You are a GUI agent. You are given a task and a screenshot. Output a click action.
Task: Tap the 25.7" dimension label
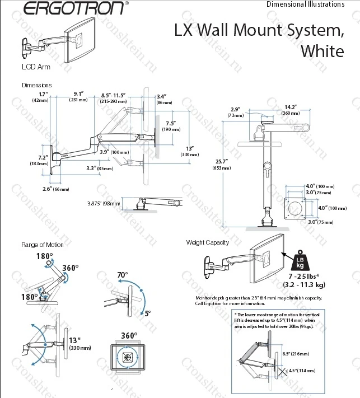[222, 162]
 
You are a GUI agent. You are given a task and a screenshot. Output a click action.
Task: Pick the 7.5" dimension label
[171, 123]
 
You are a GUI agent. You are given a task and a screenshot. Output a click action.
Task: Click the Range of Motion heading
[43, 245]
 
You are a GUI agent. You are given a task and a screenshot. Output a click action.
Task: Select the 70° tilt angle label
[123, 275]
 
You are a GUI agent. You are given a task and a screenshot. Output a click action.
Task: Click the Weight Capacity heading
[208, 242]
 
